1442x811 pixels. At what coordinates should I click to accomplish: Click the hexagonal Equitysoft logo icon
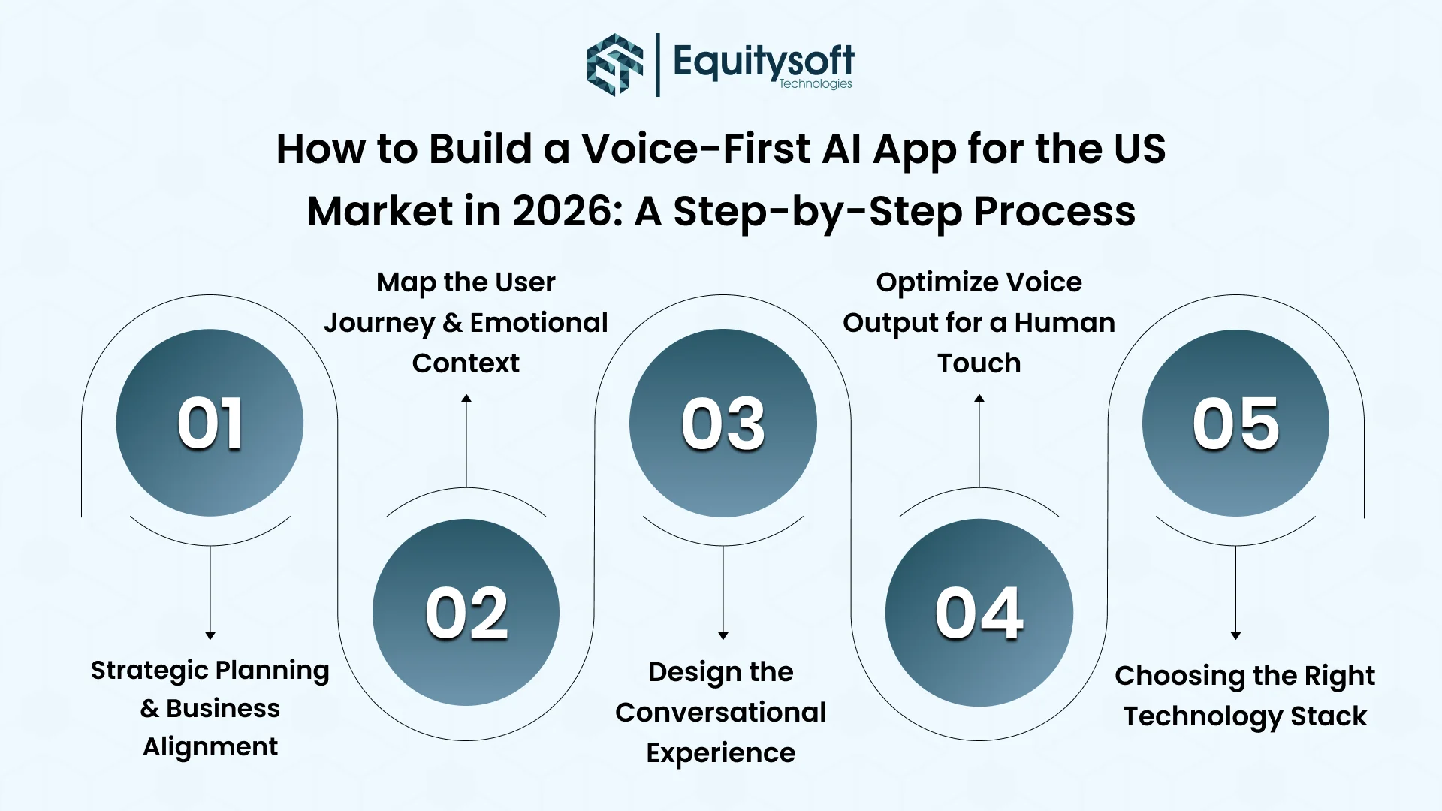(x=614, y=65)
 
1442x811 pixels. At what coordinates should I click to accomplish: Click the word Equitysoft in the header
(x=763, y=60)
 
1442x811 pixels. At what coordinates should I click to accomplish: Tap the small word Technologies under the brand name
(x=815, y=84)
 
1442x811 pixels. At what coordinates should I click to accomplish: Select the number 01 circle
(x=210, y=423)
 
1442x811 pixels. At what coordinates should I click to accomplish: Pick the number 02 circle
(x=466, y=612)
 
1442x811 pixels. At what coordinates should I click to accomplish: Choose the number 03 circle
(x=723, y=423)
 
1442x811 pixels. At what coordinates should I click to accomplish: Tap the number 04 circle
(x=979, y=612)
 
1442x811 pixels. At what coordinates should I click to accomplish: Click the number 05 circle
(x=1235, y=423)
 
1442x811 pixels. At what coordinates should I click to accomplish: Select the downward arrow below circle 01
(x=210, y=635)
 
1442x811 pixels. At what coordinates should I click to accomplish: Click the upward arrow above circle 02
(x=466, y=399)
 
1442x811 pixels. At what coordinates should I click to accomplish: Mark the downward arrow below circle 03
(x=723, y=635)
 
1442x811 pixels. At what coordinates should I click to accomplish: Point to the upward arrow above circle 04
(x=979, y=399)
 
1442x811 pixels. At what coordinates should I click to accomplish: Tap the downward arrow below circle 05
(x=1235, y=635)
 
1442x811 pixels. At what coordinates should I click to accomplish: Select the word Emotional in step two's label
(x=538, y=323)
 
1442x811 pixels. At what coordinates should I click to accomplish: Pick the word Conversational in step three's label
(x=720, y=713)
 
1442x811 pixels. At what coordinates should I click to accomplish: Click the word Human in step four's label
(x=1064, y=323)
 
